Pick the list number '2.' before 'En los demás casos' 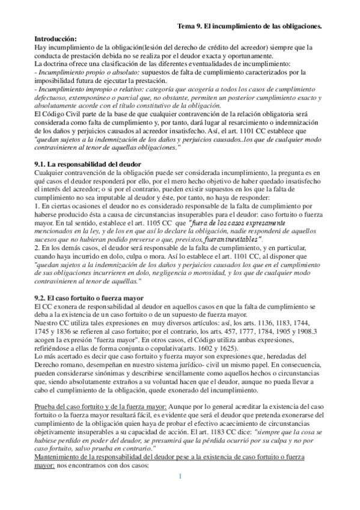point(38,247)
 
